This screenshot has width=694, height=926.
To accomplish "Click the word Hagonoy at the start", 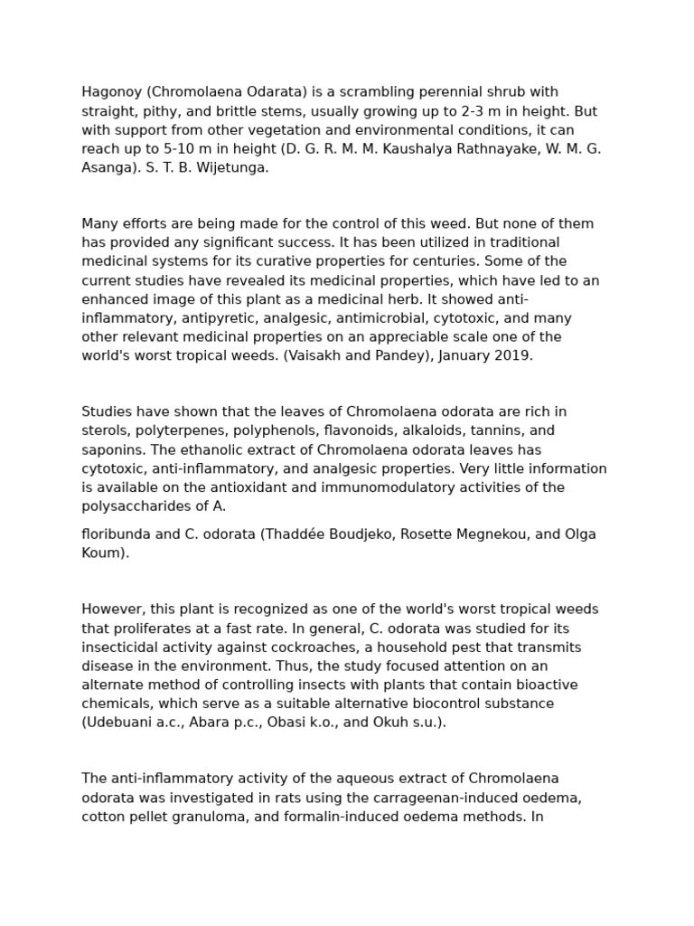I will point(112,92).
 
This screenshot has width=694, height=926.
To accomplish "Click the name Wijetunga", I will point(236,168).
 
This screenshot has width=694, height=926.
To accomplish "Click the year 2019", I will point(513,355).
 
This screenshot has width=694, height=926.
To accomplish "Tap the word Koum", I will point(102,553).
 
